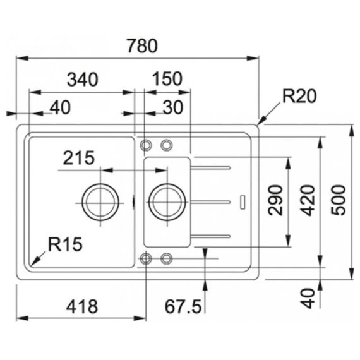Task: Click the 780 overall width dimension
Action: (142, 46)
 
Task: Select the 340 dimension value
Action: (83, 80)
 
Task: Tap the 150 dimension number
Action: (167, 79)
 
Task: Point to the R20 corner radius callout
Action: (299, 96)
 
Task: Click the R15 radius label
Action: (65, 244)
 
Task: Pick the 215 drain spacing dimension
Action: (79, 158)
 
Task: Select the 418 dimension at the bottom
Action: (82, 306)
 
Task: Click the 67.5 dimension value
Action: (183, 306)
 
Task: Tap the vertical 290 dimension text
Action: (275, 200)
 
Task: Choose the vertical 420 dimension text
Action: (308, 200)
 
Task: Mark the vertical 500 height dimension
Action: (338, 200)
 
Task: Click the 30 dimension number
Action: (173, 107)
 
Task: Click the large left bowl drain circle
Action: (82, 202)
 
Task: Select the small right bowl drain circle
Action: (149, 202)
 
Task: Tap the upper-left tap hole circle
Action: (141, 145)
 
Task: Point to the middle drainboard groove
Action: (210, 202)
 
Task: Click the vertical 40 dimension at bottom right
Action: (308, 298)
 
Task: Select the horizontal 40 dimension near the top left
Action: (60, 107)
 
